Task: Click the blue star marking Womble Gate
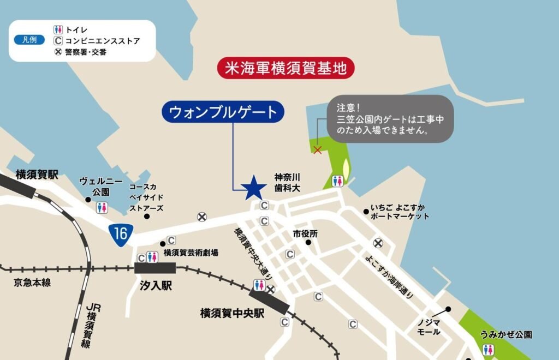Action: pos(254,188)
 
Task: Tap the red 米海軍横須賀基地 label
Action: pos(286,68)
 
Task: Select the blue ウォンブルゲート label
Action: pos(223,112)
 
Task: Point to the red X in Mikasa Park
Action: pos(317,150)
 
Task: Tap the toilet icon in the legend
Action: pos(58,29)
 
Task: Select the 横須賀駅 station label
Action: pos(37,175)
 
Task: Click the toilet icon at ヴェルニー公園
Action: pos(102,207)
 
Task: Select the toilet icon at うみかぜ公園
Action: pos(488,350)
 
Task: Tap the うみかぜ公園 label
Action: pos(506,334)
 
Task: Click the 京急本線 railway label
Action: pos(32,283)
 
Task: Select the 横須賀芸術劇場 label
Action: pos(191,253)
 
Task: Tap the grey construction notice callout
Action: pos(390,118)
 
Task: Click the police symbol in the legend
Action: pos(58,52)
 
